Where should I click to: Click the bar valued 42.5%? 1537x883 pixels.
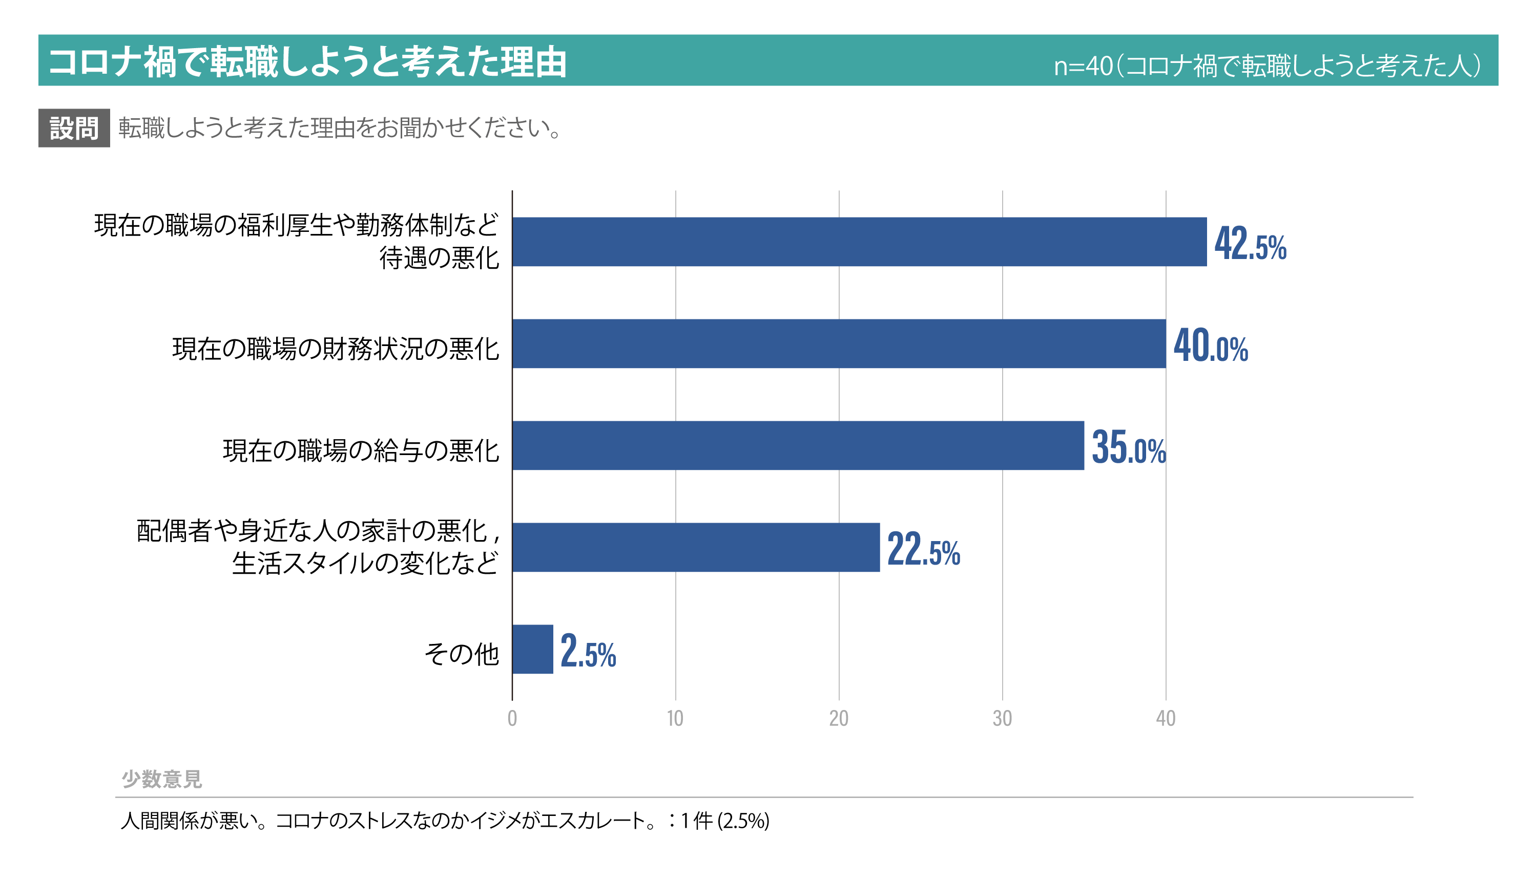coord(859,242)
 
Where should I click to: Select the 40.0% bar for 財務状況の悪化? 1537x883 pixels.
coord(839,344)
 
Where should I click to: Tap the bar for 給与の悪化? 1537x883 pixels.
coord(798,446)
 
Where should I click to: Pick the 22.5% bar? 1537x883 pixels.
coord(696,548)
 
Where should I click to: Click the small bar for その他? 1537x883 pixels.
coord(533,650)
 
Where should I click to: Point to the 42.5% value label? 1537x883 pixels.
coord(1250,244)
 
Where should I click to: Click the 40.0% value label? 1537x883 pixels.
coord(1211,346)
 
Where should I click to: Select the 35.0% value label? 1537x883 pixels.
coord(1129,447)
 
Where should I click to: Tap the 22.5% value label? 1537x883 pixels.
coord(924,549)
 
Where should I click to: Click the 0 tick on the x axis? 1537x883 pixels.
coord(512,719)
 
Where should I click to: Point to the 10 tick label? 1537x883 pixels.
coord(675,719)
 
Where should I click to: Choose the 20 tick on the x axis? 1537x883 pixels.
coord(839,719)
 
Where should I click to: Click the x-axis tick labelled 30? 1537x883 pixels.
coord(1002,719)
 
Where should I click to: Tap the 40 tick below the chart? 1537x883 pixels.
coord(1166,719)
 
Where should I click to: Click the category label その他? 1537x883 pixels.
coord(462,654)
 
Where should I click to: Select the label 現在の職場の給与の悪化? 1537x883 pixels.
coord(361,450)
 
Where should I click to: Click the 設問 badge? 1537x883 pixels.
coord(74,128)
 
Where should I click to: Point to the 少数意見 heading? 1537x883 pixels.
coord(161,779)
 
